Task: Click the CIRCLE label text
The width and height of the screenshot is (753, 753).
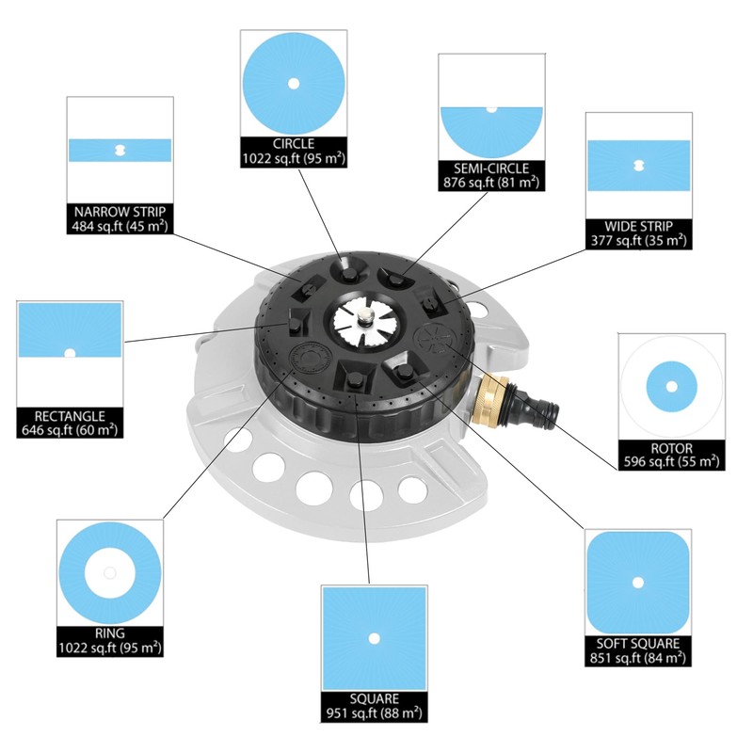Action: point(294,144)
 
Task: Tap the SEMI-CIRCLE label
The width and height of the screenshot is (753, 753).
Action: point(491,168)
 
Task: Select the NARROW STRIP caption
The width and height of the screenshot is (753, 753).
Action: point(120,212)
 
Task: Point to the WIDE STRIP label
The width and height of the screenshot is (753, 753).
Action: point(638,226)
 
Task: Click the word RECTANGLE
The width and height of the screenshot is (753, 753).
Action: point(70,416)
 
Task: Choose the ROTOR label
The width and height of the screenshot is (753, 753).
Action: point(671,449)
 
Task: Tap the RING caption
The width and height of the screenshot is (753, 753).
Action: point(110,633)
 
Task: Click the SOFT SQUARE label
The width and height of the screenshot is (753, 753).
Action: point(638,644)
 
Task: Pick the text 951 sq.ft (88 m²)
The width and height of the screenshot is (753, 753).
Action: point(374,713)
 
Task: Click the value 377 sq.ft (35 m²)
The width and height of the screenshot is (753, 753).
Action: point(638,240)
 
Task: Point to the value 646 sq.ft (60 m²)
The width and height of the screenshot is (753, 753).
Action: point(70,430)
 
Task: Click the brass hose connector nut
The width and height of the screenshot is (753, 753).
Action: point(489,399)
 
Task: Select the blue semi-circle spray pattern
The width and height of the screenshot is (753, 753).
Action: point(491,132)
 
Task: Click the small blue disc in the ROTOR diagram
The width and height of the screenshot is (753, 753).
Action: point(671,387)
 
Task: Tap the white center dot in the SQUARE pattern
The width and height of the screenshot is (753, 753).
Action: point(374,638)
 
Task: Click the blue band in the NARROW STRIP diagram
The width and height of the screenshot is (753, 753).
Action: point(120,151)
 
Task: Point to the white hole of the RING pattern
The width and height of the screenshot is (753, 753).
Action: point(110,573)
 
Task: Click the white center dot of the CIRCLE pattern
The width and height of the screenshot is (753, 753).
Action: point(294,84)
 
